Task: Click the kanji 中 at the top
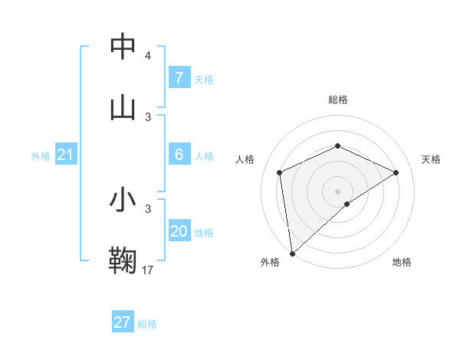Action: coord(123,47)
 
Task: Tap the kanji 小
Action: coord(123,200)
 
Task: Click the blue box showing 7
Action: coord(179,77)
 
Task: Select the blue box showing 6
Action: coord(179,155)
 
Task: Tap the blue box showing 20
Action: coord(179,231)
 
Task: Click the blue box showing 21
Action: coord(66,155)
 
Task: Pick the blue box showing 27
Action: coord(123,322)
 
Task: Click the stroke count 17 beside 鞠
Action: coord(148,270)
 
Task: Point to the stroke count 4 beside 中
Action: coord(148,56)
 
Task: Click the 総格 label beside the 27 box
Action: coord(147,323)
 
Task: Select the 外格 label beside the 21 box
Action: coord(41,155)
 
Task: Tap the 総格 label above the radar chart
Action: coord(337,100)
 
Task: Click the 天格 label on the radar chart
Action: coord(431,159)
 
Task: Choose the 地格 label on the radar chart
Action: coord(402,262)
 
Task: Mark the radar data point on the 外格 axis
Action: coord(292,253)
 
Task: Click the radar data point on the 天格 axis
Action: coord(396,172)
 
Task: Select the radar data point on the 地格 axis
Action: coord(347,204)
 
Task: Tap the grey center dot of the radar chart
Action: coord(337,191)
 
